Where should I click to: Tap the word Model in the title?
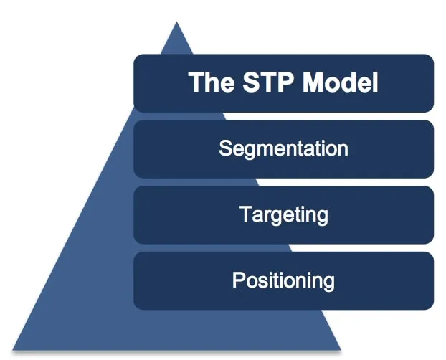tap(339, 82)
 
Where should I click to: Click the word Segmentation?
tap(283, 148)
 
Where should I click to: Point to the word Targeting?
tap(283, 214)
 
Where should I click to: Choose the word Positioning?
tap(283, 280)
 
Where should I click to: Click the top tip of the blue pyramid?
tap(176, 23)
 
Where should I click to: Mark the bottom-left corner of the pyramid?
tap(14, 349)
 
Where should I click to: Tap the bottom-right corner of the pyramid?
tap(341, 349)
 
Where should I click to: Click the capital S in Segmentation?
tap(225, 148)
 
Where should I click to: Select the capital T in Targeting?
tap(245, 214)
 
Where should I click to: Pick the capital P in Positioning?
tap(238, 280)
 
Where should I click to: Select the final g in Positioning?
tap(328, 281)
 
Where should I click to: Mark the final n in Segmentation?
tap(343, 149)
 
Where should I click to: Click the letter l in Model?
tap(374, 82)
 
